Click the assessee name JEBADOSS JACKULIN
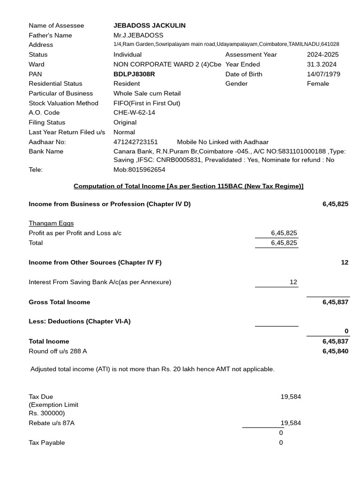149,25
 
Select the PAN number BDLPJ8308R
134,74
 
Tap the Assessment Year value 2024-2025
322,54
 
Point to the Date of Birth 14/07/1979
323,74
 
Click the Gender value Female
318,83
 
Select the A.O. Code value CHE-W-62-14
134,112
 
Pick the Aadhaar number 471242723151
135,142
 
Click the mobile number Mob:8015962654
139,170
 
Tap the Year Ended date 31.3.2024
322,64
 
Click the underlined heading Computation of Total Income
188,186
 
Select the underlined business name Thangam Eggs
51,223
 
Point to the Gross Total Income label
59,302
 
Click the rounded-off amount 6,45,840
335,351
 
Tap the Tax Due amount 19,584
291,397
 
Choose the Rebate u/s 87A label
52,423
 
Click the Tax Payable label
47,443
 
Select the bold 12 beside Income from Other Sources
345,262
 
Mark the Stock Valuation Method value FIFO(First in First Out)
147,103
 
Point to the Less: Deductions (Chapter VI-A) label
80,322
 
